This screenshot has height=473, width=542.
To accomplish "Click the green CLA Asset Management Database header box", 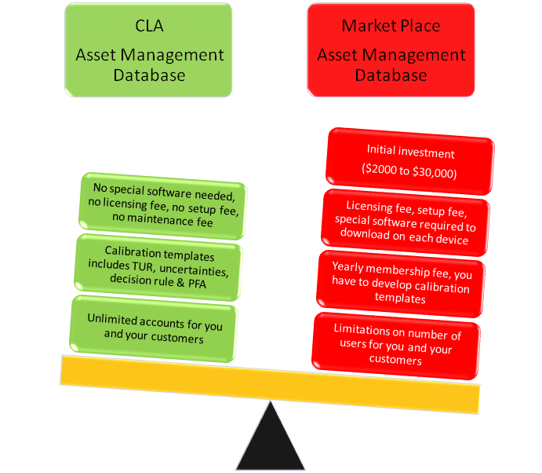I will point(149,50).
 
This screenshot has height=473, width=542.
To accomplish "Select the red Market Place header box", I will point(391,50).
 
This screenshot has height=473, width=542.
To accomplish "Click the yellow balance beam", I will point(270,384).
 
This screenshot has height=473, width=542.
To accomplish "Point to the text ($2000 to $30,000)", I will point(410,170).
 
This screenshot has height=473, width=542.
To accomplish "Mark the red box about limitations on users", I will point(397,343).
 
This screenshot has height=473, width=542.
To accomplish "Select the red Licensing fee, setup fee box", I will point(406,221).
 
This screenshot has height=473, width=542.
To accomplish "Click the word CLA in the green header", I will point(149,27).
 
